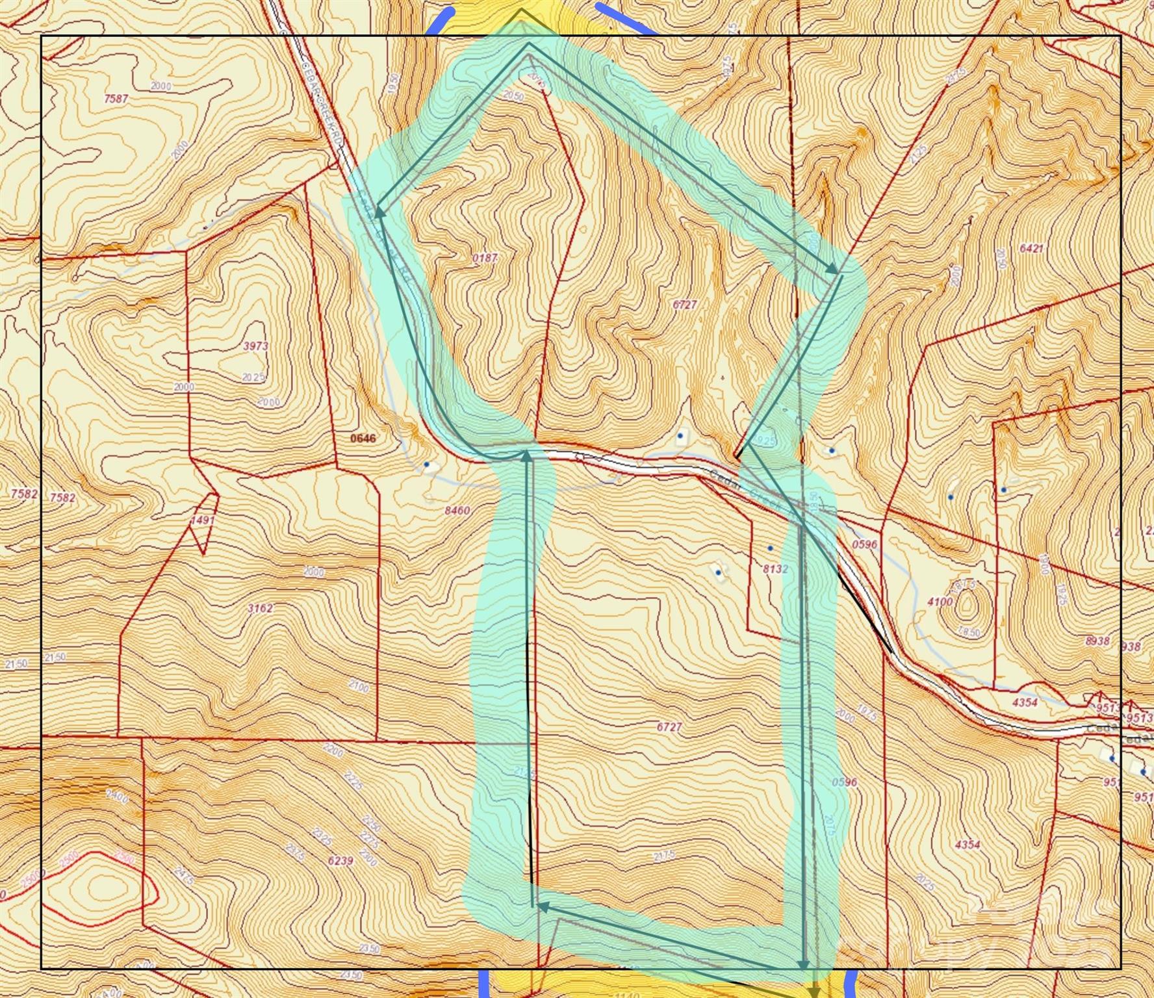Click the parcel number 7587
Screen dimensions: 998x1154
[116, 99]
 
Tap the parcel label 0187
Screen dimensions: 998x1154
[485, 258]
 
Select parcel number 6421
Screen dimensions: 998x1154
[1031, 248]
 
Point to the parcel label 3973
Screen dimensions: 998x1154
[255, 346]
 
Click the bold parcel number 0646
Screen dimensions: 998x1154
[363, 438]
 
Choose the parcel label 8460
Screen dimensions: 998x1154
[457, 511]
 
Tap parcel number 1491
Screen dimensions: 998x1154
[203, 520]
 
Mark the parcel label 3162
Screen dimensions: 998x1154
[261, 608]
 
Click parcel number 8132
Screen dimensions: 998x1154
[775, 569]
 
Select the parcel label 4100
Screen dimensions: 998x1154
[940, 602]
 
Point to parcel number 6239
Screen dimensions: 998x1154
[340, 861]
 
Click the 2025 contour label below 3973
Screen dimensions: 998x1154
[253, 377]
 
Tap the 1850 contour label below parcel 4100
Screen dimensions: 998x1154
[969, 632]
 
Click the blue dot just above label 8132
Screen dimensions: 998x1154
[770, 548]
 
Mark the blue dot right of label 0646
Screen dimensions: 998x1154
[426, 464]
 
